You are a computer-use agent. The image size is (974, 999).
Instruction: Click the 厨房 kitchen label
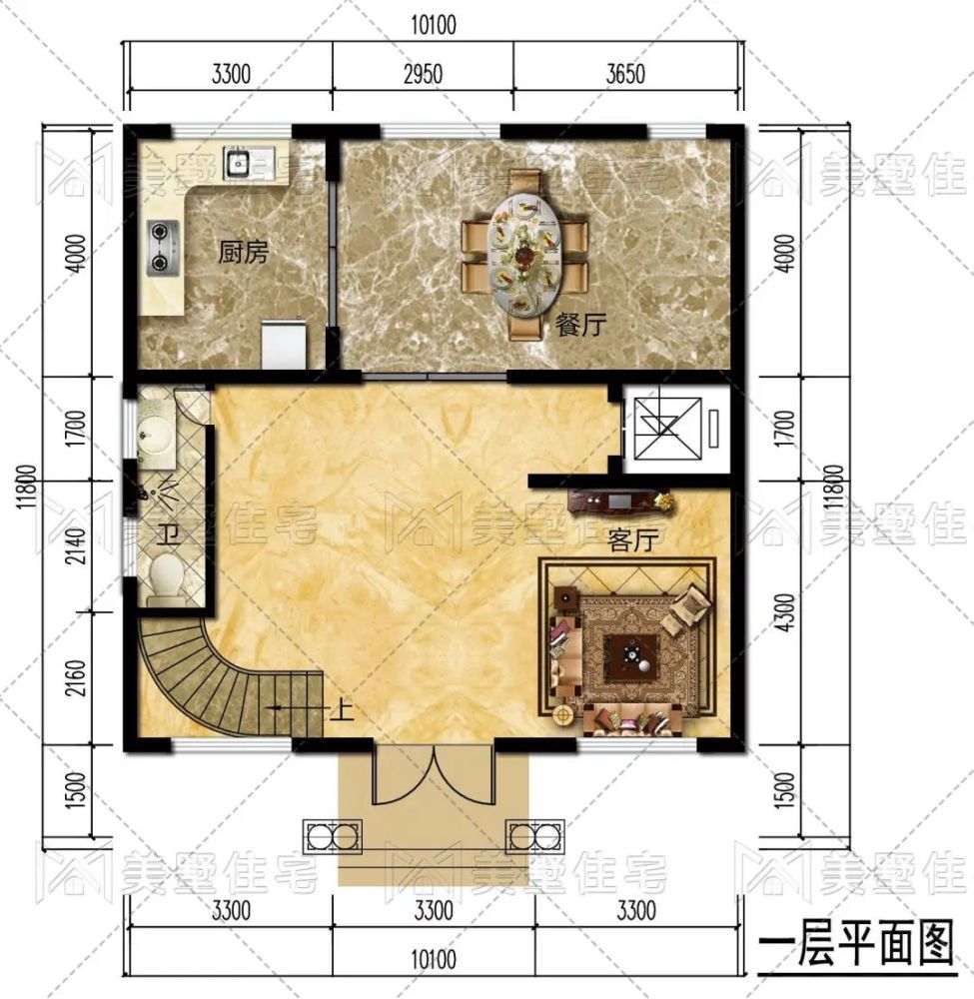point(243,252)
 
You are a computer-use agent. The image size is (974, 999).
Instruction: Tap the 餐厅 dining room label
point(578,326)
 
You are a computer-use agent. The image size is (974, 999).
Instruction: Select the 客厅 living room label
point(631,541)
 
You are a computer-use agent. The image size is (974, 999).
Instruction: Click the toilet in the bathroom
point(166,577)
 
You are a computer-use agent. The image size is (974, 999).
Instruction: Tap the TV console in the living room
point(619,499)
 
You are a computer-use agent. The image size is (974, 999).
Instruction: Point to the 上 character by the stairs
point(340,712)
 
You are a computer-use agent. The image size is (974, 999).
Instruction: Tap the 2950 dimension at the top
point(422,74)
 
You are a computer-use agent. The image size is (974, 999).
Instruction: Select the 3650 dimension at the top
point(626,74)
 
